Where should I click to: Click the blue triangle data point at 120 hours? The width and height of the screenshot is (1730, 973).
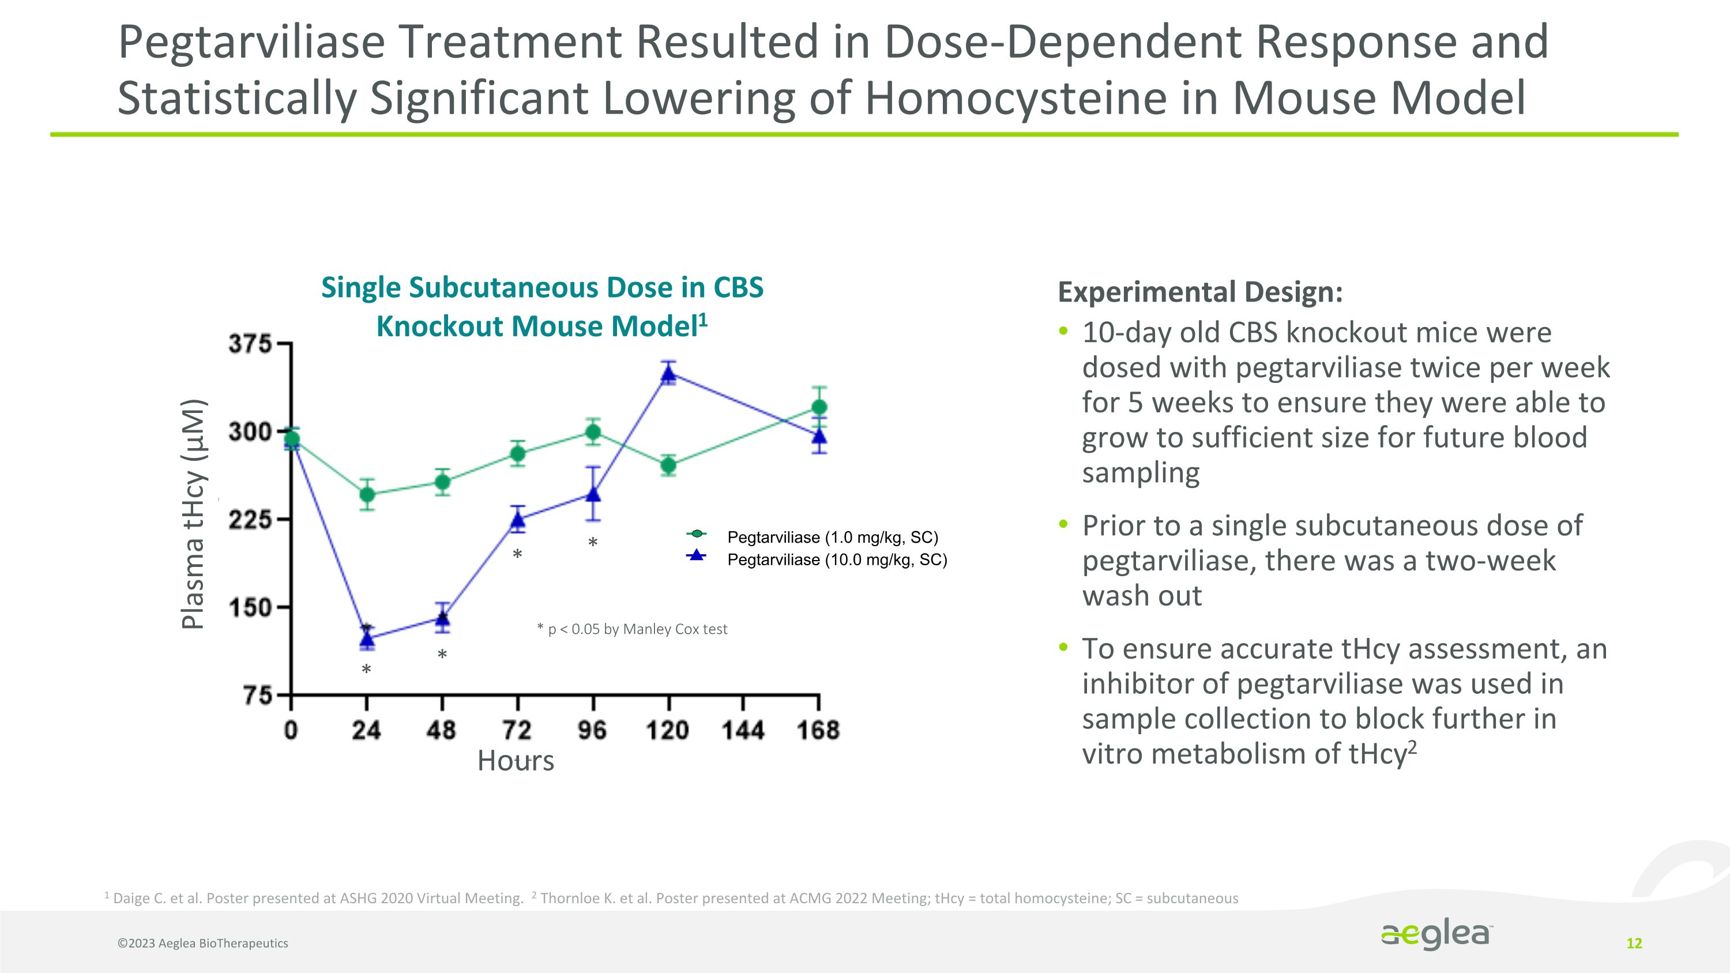coord(668,373)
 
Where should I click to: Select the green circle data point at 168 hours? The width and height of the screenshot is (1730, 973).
coord(819,407)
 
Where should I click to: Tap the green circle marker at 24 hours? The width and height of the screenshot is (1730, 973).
coord(367,495)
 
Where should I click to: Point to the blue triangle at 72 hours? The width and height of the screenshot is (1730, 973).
coord(518,520)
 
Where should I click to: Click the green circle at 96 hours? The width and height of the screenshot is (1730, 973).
coord(593,432)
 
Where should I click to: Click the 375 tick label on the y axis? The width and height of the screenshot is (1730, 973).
coord(249,344)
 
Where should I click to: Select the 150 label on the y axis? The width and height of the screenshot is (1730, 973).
coord(249,608)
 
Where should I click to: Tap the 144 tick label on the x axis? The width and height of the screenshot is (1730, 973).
coord(743,730)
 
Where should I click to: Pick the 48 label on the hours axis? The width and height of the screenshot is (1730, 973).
coord(441,730)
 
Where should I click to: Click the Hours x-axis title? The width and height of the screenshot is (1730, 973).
coord(516,761)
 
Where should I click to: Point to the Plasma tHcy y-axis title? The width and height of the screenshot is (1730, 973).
coord(193,514)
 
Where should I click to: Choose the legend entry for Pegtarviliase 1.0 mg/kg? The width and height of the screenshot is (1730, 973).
coord(832,537)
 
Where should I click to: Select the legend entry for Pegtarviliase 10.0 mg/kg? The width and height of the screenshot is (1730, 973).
coord(837,560)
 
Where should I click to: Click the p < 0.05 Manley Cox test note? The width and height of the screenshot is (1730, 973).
coord(632,629)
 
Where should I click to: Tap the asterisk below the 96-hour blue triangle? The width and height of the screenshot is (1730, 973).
coord(592,543)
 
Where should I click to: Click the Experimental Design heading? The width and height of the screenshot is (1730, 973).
coord(1200,292)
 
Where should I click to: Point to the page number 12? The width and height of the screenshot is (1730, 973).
coord(1634,944)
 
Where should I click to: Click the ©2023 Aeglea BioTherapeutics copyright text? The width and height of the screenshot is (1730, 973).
coord(203,944)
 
